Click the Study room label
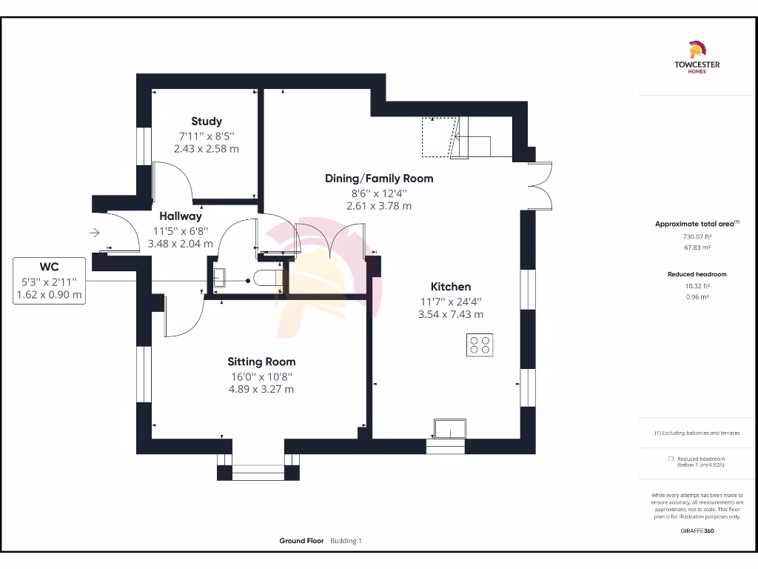pos(206,122)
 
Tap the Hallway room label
pos(181,216)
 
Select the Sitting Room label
pos(261,362)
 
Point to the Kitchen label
pos(451,287)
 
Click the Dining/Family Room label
pos(379,179)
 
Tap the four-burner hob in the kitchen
pos(480,345)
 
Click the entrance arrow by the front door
pos(95,233)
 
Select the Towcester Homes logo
pos(697,58)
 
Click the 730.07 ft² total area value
pos(697,237)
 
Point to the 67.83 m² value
pos(697,248)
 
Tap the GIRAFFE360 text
pos(697,530)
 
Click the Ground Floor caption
pos(301,541)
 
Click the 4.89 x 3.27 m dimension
pos(261,389)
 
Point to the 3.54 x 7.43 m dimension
pos(451,314)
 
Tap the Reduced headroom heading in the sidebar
pos(697,274)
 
